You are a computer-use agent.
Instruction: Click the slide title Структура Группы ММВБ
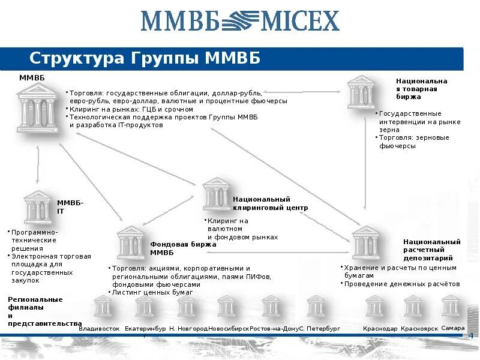(145, 58)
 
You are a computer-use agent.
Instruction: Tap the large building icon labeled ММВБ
(38, 108)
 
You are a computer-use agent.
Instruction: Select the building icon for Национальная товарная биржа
(361, 92)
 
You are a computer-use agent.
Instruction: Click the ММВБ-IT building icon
(38, 207)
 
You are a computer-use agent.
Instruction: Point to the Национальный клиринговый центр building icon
(215, 193)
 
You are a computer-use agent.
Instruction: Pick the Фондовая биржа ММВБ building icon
(130, 242)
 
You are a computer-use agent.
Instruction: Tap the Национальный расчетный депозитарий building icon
(365, 242)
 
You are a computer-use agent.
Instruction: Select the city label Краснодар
(380, 329)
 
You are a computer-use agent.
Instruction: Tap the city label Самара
(452, 328)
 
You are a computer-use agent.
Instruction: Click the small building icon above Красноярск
(413, 306)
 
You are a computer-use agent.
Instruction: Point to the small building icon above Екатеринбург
(145, 306)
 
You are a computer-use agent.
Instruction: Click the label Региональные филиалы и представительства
(44, 311)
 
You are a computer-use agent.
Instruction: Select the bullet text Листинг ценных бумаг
(152, 292)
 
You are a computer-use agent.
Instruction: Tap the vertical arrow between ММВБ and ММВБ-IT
(38, 163)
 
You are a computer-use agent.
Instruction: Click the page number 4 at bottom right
(470, 335)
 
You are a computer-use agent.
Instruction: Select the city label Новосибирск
(229, 329)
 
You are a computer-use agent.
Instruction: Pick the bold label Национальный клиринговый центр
(270, 203)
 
